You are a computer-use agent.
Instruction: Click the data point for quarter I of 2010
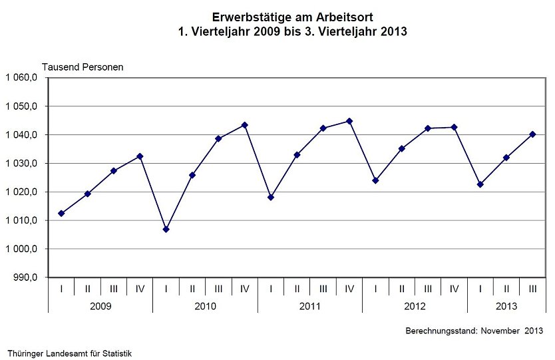point(166,229)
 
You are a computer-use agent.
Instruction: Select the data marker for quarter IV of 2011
point(349,121)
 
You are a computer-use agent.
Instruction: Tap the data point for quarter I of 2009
point(61,214)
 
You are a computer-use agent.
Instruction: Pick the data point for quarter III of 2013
point(532,134)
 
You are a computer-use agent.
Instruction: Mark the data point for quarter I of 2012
point(375,180)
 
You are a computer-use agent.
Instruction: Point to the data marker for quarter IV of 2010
point(244,125)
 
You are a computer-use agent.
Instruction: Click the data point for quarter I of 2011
point(271,197)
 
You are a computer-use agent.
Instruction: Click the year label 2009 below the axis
point(100,306)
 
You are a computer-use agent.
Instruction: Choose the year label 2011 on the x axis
point(310,306)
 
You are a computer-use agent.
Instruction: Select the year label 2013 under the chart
point(506,306)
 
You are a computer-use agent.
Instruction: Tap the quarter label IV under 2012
point(454,288)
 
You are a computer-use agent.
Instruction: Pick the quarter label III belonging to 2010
point(218,288)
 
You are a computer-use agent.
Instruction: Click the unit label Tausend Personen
point(83,67)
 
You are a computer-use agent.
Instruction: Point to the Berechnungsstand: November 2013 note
point(474,331)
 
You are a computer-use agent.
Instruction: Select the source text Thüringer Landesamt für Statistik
point(70,353)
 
